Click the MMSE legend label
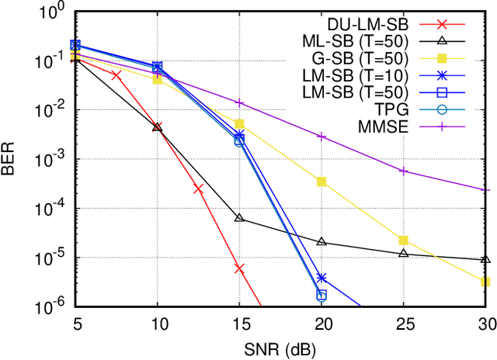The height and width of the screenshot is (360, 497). pyautogui.click(x=403, y=125)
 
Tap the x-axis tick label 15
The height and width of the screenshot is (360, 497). pyautogui.click(x=239, y=324)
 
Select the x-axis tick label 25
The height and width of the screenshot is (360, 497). pyautogui.click(x=403, y=324)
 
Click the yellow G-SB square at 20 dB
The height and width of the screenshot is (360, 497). pyautogui.click(x=321, y=182)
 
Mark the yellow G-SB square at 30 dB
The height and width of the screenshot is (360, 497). pyautogui.click(x=485, y=282)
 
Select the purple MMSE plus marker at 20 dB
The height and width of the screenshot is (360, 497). pyautogui.click(x=321, y=136)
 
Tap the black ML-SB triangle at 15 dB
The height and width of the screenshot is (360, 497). pyautogui.click(x=239, y=218)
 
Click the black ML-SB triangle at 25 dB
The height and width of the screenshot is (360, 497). pyautogui.click(x=403, y=253)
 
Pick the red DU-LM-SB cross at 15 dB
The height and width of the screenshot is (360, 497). pyautogui.click(x=239, y=268)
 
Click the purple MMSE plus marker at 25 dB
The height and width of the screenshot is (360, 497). pyautogui.click(x=403, y=171)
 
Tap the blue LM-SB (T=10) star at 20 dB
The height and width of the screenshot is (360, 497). pyautogui.click(x=321, y=278)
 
